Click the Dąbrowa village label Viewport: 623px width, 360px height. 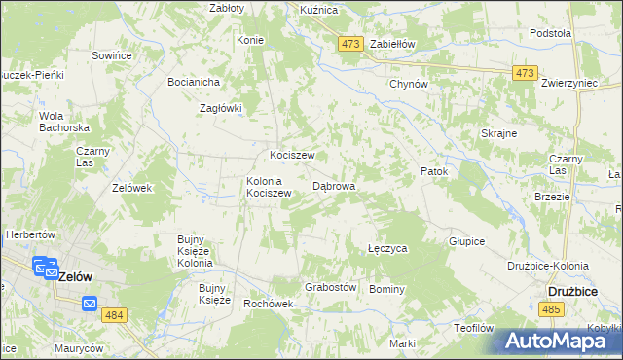coord(333,185)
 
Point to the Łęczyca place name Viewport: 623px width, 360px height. coord(387,249)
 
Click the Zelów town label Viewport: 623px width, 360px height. coord(76,276)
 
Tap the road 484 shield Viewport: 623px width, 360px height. coord(113,317)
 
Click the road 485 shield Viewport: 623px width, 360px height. coord(552,309)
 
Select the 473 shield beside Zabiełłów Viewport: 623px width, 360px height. coord(351,44)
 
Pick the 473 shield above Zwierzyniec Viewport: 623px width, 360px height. coord(526,73)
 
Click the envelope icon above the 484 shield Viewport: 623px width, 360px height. coord(90,304)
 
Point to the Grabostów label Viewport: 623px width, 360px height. coord(331,288)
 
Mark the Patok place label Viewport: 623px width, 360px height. coord(434,171)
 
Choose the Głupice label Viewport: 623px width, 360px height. coord(466,241)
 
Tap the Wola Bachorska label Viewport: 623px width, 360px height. coord(64,122)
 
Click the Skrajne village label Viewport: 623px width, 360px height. coord(498,133)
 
